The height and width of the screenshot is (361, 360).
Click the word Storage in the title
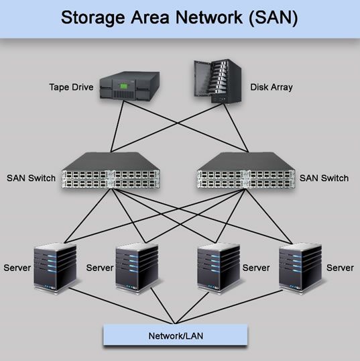tap(92, 17)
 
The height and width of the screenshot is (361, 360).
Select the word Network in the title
tap(212, 17)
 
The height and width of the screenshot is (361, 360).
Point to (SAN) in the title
tap(275, 17)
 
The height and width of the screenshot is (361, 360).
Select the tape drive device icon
tap(130, 87)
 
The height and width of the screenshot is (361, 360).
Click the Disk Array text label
tap(272, 87)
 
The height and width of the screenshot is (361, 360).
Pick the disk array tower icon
tap(217, 82)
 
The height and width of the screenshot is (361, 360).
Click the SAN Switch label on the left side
tap(32, 178)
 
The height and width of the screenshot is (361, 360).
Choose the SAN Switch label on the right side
tap(324, 178)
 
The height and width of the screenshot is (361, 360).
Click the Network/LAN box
tap(176, 334)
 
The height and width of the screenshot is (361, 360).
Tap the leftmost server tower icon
tap(54, 268)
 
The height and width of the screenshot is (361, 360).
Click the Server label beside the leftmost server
tap(17, 268)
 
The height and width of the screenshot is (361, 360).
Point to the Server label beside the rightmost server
tap(340, 268)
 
